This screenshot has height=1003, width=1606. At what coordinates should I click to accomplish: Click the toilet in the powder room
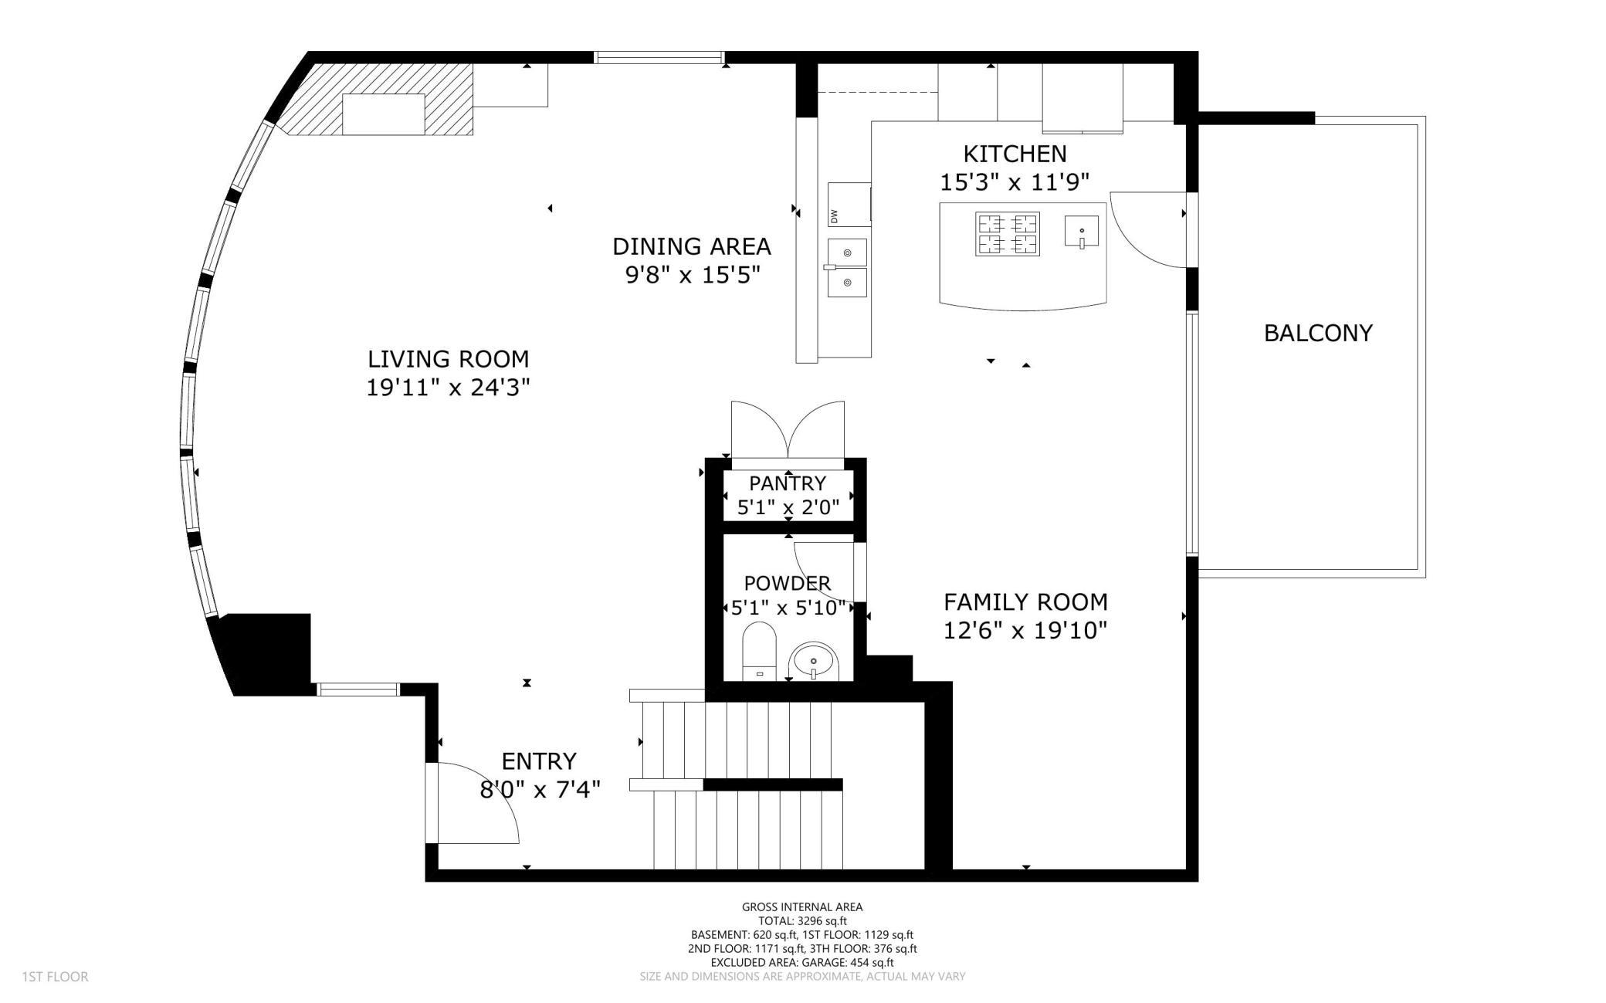point(758,650)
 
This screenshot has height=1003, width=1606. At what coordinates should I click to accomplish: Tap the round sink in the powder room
point(813,662)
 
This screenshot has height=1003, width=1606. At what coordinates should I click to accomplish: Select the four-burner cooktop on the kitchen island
point(1008,234)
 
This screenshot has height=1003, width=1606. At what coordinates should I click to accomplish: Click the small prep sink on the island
point(1082,231)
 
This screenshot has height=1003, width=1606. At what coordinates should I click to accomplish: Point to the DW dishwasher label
point(834,217)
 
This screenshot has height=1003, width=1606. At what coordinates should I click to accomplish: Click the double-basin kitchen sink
point(847,268)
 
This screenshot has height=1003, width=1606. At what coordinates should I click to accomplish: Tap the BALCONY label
point(1318,333)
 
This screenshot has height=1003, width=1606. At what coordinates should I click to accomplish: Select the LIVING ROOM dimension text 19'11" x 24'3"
point(448,387)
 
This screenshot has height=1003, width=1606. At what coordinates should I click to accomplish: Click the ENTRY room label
point(539,761)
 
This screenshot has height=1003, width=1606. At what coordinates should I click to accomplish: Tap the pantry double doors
point(788,431)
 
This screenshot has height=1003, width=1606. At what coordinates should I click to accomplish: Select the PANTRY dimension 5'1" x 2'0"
point(788,507)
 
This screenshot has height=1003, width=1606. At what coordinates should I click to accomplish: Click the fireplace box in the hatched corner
point(384,114)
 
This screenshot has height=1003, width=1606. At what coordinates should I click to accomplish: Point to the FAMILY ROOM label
point(1025,602)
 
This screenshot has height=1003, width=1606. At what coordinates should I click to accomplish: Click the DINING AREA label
point(691,247)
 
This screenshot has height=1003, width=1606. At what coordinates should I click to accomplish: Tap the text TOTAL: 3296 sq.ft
point(802,920)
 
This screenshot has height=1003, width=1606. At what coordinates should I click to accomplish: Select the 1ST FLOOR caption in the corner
point(55,977)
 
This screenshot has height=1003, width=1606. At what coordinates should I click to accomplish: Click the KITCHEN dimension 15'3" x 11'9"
point(1015,182)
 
